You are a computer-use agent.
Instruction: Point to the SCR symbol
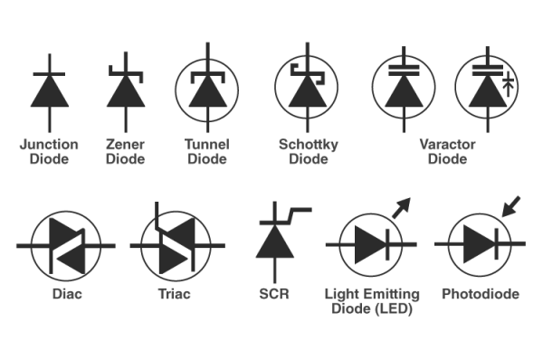[273, 240]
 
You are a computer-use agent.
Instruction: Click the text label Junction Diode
[50, 152]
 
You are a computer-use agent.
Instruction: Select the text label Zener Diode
[125, 152]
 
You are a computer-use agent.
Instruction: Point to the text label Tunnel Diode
[207, 152]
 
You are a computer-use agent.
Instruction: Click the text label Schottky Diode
[308, 152]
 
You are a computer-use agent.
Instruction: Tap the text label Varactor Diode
[448, 152]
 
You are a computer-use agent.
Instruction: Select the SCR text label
[273, 295]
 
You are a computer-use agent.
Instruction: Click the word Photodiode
[480, 295]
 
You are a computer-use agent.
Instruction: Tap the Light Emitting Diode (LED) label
[372, 302]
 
